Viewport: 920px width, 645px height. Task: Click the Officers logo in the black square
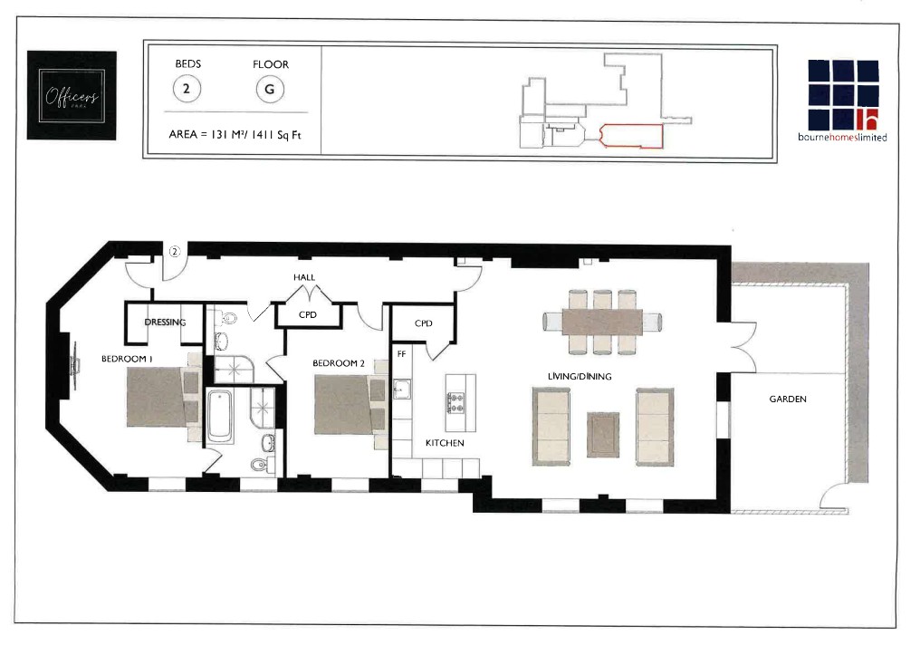(72, 95)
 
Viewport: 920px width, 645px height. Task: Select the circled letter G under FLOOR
(270, 90)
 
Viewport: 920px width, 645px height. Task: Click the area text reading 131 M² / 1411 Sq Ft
(232, 134)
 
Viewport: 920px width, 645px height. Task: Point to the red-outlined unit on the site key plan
(633, 137)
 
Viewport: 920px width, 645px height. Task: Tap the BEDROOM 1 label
(127, 360)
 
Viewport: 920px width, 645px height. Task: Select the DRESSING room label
(165, 322)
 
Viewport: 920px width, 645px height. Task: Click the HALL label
(303, 277)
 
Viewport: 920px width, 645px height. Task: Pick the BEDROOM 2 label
(339, 363)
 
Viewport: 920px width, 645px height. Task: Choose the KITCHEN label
(445, 443)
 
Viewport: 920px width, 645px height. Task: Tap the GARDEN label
(787, 399)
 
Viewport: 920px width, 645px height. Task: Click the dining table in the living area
(602, 322)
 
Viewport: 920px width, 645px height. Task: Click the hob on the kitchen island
(455, 402)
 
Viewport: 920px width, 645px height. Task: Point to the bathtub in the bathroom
(220, 416)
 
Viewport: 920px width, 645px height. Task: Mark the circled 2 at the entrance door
(175, 251)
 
